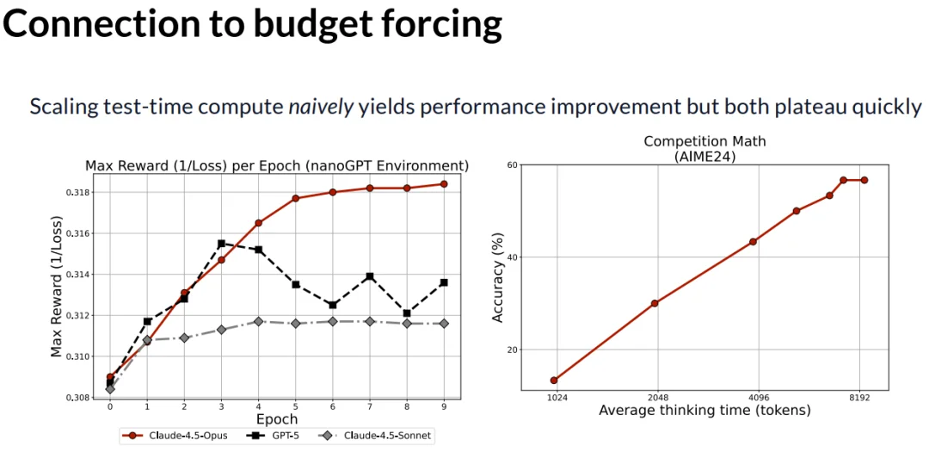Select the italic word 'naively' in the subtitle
(320, 108)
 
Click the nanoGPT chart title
(276, 165)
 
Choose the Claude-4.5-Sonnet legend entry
(375, 436)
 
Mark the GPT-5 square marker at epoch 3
(221, 244)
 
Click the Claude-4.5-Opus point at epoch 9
(444, 183)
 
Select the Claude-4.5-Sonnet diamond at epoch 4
(258, 321)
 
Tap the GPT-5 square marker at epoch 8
(407, 313)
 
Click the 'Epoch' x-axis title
(276, 419)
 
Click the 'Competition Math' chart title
(704, 141)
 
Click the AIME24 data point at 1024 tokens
(555, 381)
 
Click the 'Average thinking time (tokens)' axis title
(704, 411)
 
